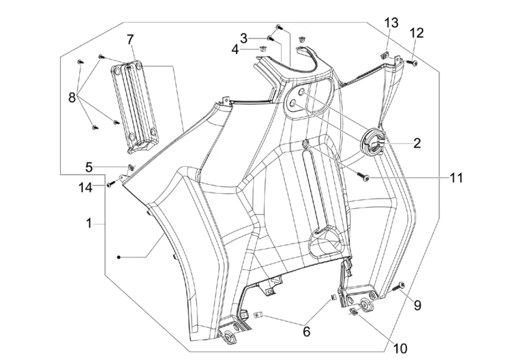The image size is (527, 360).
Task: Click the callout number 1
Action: pos(89,224)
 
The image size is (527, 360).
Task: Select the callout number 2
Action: pos(416,142)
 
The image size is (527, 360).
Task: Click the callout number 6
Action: pos(306,331)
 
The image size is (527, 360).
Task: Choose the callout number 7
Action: pos(130,40)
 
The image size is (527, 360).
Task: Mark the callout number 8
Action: pos(72,97)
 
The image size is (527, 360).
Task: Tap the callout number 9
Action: pos(417,305)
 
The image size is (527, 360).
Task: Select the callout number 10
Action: pos(400,348)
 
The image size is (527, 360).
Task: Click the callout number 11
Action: pos(456,178)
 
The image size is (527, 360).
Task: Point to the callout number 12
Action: pos(416,33)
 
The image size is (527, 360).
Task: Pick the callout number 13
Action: pos(391,22)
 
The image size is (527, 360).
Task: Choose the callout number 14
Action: pos(86,187)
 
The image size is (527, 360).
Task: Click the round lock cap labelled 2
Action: pos(373,141)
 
